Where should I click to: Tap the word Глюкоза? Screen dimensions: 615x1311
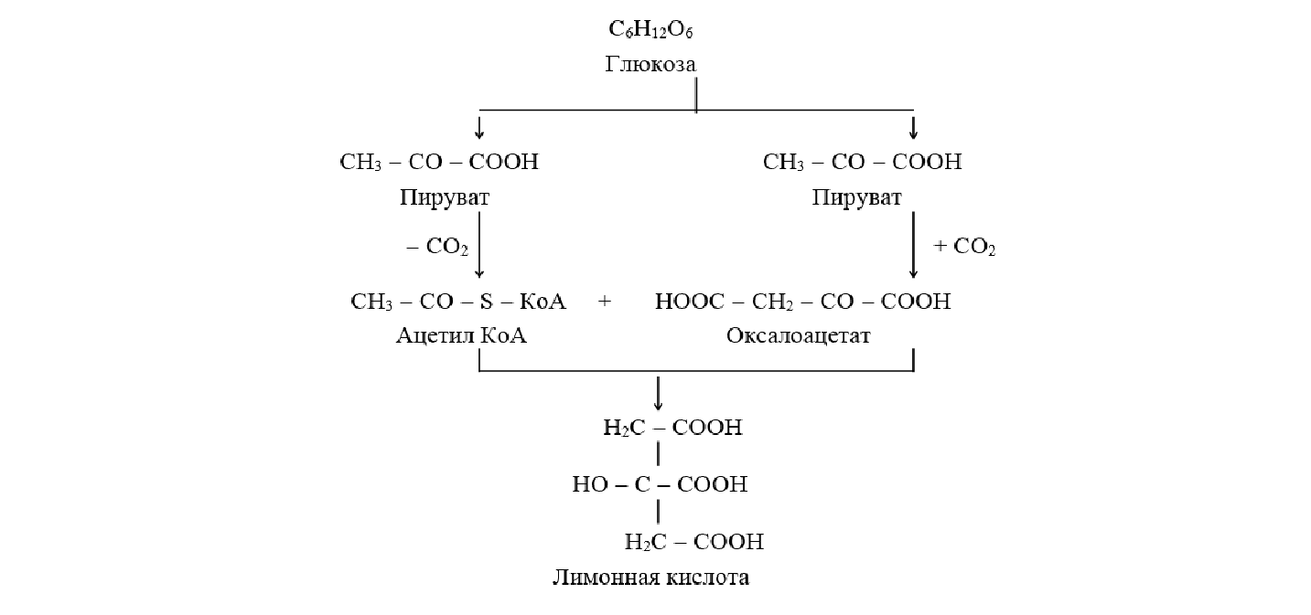(650, 65)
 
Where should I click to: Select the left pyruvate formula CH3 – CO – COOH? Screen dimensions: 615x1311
(439, 163)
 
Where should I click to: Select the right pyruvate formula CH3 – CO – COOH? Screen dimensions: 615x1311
(863, 163)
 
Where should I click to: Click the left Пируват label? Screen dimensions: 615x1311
(445, 198)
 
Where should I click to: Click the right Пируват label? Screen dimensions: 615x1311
(856, 198)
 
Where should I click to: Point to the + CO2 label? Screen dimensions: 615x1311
(963, 247)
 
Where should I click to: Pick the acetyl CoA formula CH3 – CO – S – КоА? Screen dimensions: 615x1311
(458, 302)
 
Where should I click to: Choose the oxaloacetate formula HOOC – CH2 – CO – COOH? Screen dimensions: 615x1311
(802, 302)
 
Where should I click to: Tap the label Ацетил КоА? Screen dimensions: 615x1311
(462, 336)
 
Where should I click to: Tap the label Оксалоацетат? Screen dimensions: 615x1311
(799, 336)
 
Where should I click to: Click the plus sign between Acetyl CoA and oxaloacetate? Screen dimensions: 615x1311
(605, 302)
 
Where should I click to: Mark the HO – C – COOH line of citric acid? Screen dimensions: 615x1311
(660, 484)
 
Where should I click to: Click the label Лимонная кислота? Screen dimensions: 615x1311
(650, 578)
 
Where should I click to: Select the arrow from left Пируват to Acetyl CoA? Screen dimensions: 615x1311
(479, 247)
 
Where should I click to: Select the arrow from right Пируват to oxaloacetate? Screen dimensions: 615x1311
(913, 247)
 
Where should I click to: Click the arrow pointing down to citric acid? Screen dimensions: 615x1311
(658, 393)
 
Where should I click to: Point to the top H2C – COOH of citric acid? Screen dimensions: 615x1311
(672, 428)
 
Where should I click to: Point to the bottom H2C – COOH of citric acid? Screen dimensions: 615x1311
(693, 542)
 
